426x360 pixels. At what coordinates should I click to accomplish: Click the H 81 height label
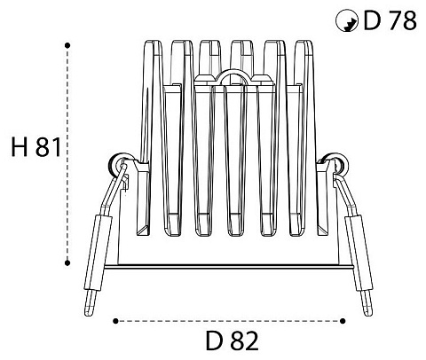tap(36, 147)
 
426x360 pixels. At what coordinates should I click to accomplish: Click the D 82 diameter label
tap(233, 340)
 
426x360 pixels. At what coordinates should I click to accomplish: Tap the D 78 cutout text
tap(390, 20)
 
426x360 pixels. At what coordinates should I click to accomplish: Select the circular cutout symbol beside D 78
tap(347, 20)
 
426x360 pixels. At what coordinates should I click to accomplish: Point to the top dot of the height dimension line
tap(67, 45)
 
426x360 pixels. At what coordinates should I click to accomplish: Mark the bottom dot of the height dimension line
tap(67, 262)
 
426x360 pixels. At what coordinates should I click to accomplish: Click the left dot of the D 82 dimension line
tap(115, 321)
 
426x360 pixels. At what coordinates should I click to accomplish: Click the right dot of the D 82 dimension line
tap(343, 321)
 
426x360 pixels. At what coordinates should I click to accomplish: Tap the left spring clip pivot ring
tap(114, 163)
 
